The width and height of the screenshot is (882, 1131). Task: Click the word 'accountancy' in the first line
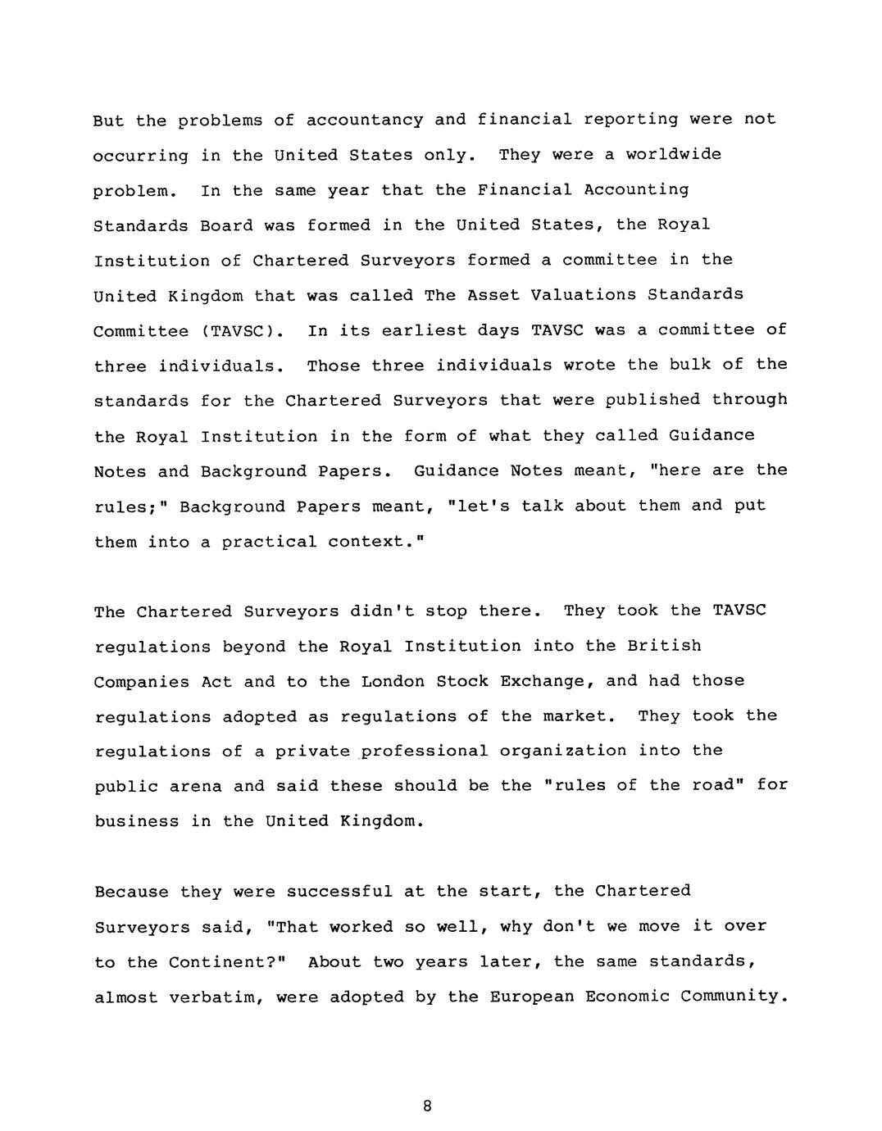365,120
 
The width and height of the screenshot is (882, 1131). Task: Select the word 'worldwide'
674,155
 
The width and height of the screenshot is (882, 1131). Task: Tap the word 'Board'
226,225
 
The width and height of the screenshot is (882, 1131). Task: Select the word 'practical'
269,542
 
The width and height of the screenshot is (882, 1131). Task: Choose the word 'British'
664,646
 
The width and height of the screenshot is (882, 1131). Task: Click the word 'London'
392,681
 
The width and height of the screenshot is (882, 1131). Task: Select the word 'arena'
195,787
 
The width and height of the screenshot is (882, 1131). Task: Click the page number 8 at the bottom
427,1106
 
